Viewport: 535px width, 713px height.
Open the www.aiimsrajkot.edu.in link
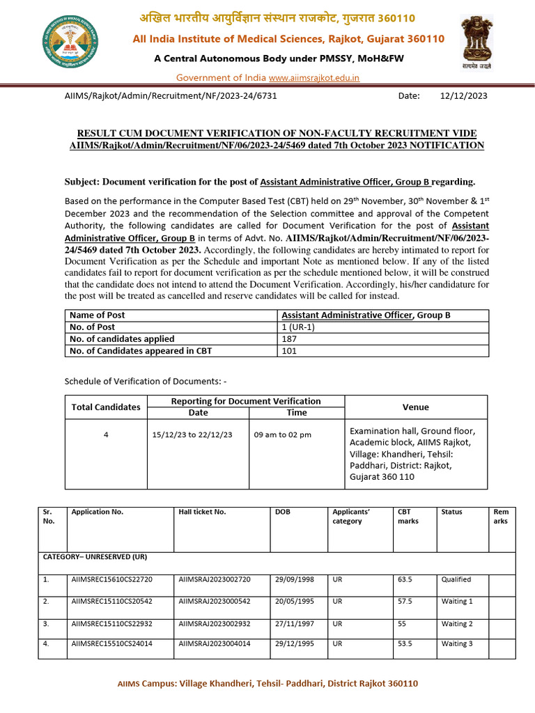(313, 77)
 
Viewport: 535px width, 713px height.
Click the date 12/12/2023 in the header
(464, 96)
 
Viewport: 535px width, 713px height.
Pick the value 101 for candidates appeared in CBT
(289, 351)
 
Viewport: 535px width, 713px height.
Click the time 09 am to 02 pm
(283, 434)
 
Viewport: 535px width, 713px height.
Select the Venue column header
(416, 407)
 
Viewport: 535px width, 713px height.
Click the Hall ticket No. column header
(202, 512)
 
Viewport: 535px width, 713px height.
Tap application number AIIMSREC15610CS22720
(111, 579)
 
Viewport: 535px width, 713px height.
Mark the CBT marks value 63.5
(405, 579)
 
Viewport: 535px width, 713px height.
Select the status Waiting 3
(457, 644)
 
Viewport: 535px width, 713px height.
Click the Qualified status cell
(456, 579)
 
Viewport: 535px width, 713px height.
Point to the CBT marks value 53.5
(405, 644)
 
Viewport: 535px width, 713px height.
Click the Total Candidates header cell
(106, 407)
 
